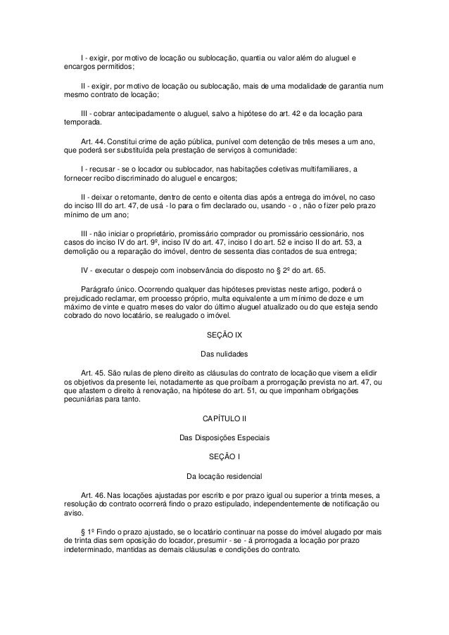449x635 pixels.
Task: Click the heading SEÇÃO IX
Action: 224,334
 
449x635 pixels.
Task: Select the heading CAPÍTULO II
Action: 224,420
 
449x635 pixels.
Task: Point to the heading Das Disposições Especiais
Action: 224,437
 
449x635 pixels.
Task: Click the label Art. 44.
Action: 93,143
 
